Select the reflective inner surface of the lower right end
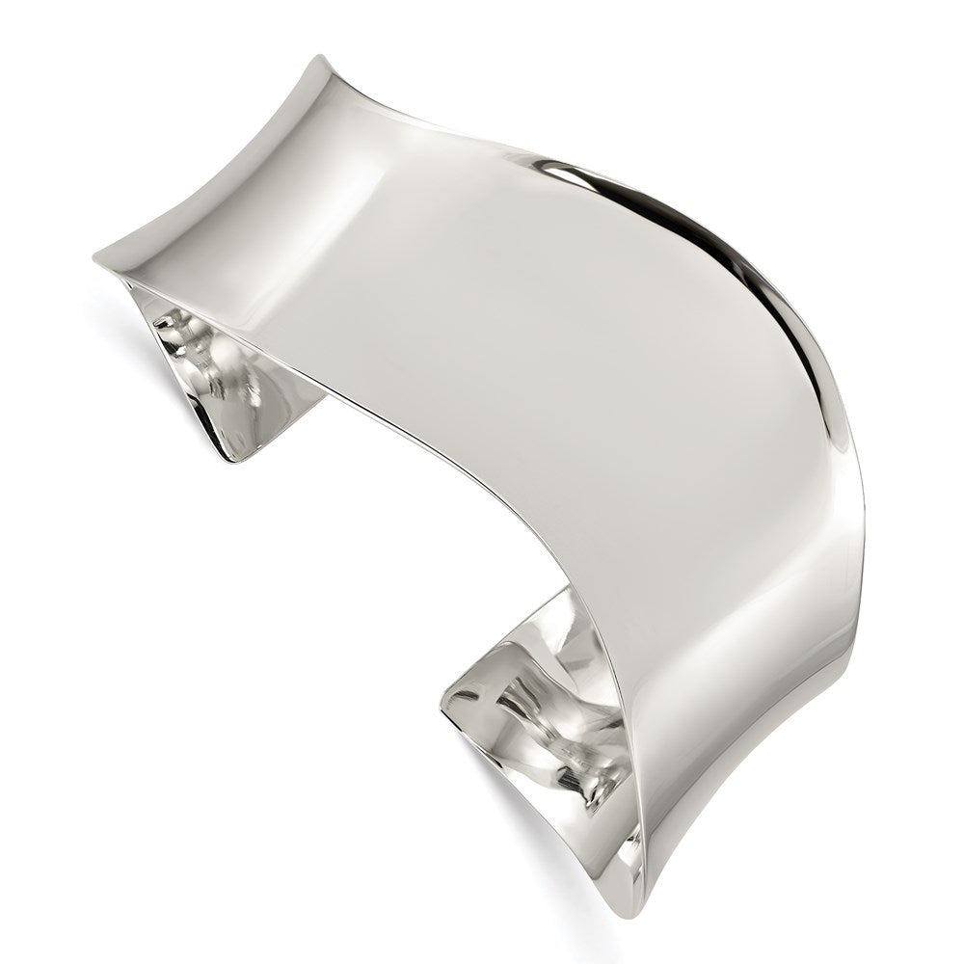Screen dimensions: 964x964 [x=540, y=713]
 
